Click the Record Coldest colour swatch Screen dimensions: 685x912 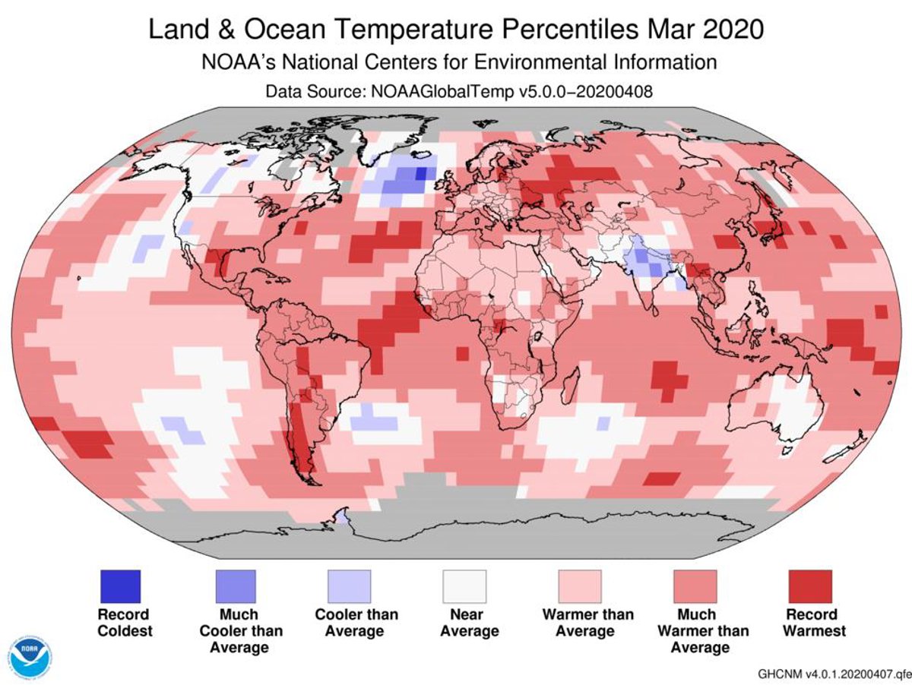click(120, 586)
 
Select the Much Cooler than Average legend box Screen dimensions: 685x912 click(235, 586)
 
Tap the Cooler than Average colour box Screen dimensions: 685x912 click(350, 586)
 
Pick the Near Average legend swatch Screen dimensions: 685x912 click(464, 586)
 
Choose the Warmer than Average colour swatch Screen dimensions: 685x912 click(580, 586)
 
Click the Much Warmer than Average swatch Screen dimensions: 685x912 click(695, 586)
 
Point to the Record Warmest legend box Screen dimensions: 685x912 click(810, 586)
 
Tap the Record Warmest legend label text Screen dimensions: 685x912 click(811, 622)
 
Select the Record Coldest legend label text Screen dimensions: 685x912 click(125, 622)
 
